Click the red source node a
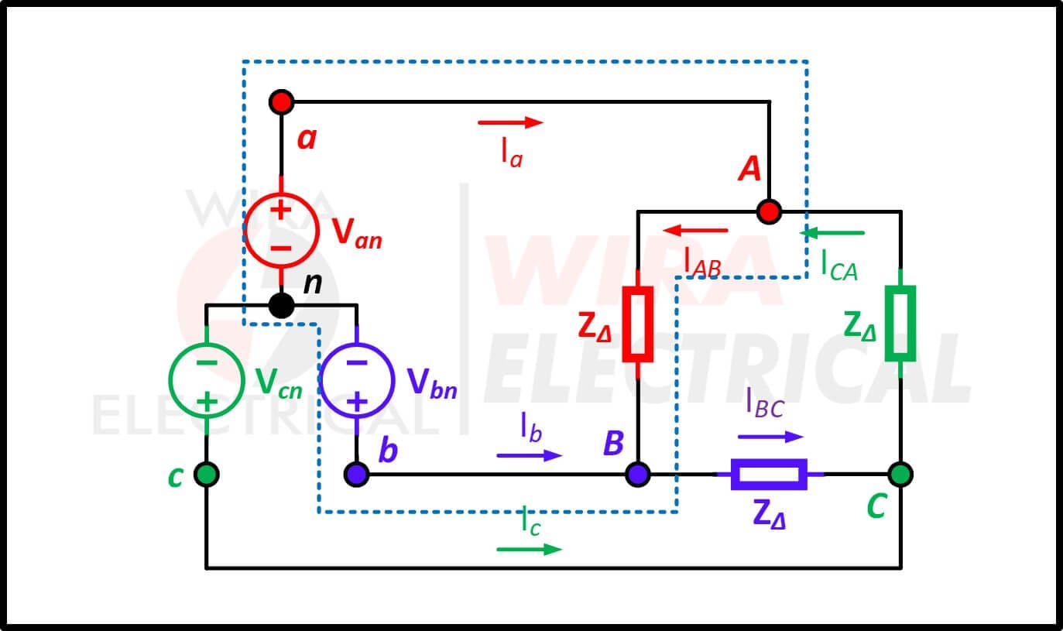point(281,102)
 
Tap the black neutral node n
point(281,306)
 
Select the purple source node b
point(356,474)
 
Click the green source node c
point(207,474)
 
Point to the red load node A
point(769,211)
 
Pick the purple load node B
point(638,474)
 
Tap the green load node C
point(900,474)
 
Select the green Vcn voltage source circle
point(170,380)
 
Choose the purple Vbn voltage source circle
point(320,380)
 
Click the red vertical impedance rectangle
point(624,324)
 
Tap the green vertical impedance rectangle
point(887,323)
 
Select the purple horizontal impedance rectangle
point(769,461)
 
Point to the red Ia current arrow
point(511,122)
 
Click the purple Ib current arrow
point(529,455)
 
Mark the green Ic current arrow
point(529,550)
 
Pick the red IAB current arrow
point(695,231)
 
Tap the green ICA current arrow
point(832,233)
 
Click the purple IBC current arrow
point(770,437)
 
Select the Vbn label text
point(432,382)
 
